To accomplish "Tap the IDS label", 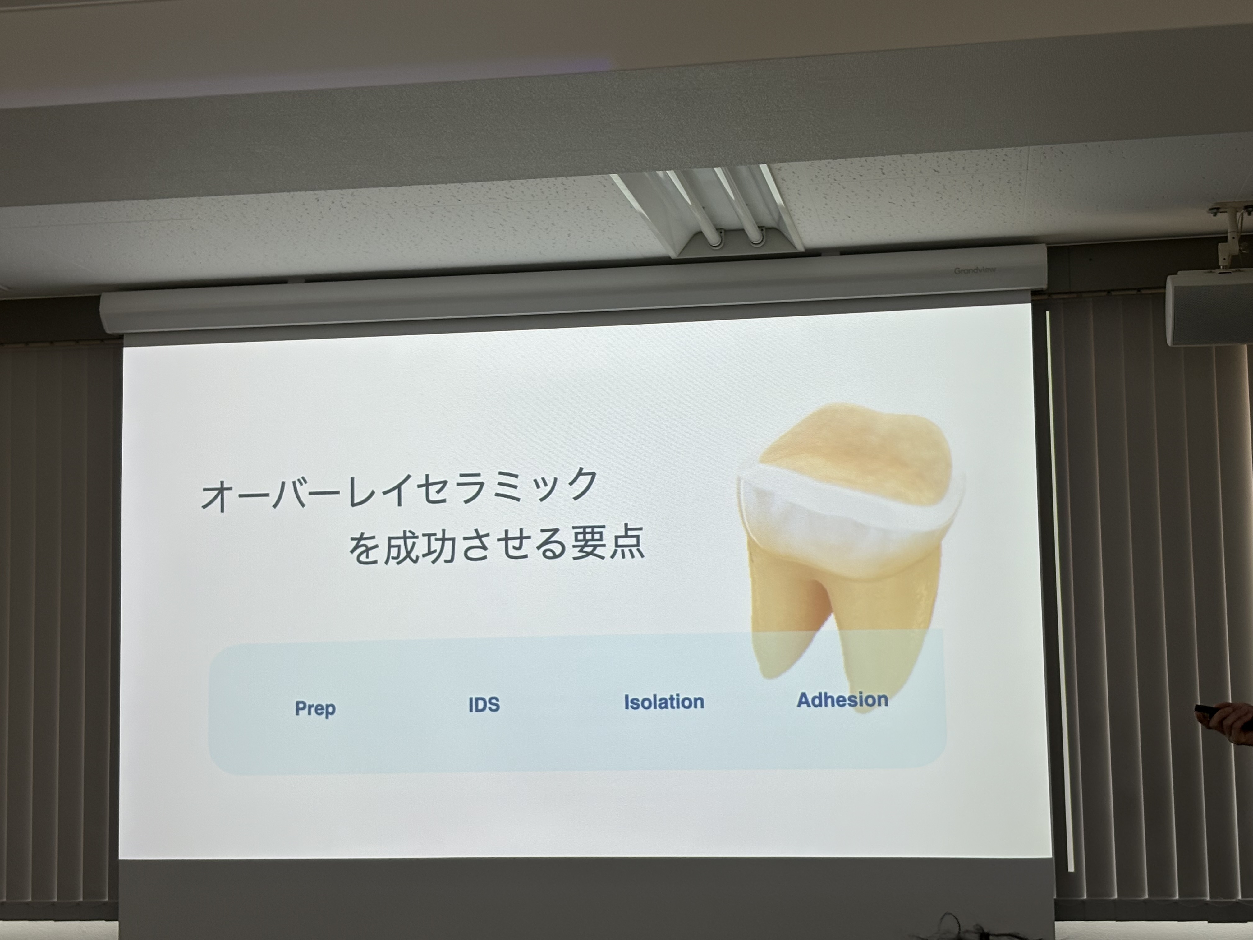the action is (x=484, y=704).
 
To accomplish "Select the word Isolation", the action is (x=664, y=702).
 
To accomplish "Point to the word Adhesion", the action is (x=842, y=700).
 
